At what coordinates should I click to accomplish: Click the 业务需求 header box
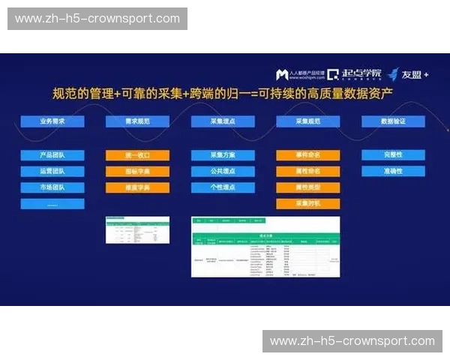pyautogui.click(x=52, y=121)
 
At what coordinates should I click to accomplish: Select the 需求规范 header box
pyautogui.click(x=137, y=121)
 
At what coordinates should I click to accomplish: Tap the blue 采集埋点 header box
pyautogui.click(x=223, y=121)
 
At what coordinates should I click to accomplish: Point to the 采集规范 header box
pyautogui.click(x=307, y=121)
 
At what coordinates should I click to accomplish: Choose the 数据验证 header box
pyautogui.click(x=393, y=121)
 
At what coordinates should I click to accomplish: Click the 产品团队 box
pyautogui.click(x=52, y=155)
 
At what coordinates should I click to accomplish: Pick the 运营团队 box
pyautogui.click(x=52, y=171)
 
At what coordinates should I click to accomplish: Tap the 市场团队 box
pyautogui.click(x=52, y=187)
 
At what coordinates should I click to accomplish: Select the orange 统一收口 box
pyautogui.click(x=137, y=155)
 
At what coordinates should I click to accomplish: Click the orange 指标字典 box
pyautogui.click(x=137, y=171)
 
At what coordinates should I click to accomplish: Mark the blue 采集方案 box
pyautogui.click(x=223, y=155)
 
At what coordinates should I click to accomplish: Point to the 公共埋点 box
pyautogui.click(x=223, y=171)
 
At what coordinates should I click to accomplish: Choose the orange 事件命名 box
pyautogui.click(x=307, y=155)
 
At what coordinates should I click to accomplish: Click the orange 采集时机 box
pyautogui.click(x=307, y=203)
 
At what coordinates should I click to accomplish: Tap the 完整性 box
pyautogui.click(x=393, y=155)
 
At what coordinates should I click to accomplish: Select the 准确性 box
pyautogui.click(x=393, y=171)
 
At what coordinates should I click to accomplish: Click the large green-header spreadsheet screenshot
pyautogui.click(x=265, y=247)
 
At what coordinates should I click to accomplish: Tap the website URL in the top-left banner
pyautogui.click(x=97, y=19)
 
